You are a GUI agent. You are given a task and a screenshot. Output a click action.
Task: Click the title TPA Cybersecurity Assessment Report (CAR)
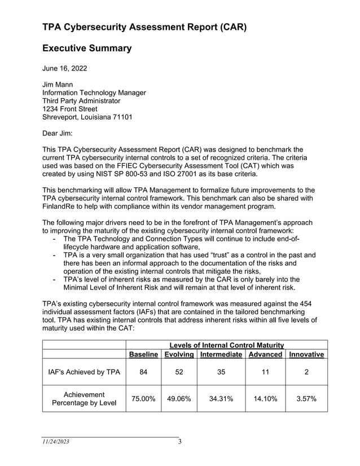tap(144, 27)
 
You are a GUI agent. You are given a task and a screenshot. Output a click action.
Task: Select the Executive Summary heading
tap(87, 49)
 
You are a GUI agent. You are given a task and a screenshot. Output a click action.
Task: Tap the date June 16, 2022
tap(65, 69)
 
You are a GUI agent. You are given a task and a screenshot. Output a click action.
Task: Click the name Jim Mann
tap(58, 85)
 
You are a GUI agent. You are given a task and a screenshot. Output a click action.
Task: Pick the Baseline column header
tap(143, 354)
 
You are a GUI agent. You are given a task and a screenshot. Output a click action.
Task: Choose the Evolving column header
tap(179, 354)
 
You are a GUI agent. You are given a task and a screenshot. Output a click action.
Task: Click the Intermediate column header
tap(221, 354)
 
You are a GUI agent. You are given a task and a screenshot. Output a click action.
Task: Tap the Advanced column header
tap(265, 354)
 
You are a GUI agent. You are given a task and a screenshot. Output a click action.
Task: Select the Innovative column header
tap(306, 354)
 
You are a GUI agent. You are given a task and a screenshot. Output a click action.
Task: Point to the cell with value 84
tap(143, 372)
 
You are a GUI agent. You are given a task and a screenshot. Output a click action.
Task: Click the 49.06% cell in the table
tap(179, 398)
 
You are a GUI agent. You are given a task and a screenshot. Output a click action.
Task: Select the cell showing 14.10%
tap(265, 398)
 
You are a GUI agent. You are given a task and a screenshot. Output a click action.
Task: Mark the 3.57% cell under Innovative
tap(306, 398)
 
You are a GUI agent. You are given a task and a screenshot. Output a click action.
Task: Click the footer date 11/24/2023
tap(56, 442)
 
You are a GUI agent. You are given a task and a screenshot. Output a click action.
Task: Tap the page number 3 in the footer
tap(179, 442)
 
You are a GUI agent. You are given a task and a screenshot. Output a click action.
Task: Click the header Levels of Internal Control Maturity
tap(226, 345)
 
